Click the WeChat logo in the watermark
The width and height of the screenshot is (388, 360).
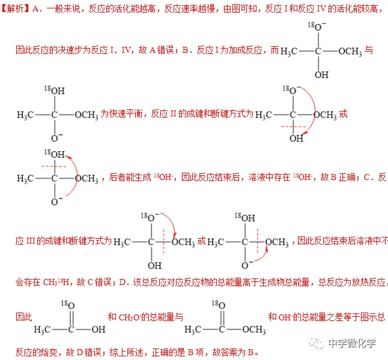click(x=315, y=344)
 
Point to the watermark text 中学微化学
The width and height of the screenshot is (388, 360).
click(x=352, y=344)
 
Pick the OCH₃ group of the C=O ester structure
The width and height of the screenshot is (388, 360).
click(x=252, y=329)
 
